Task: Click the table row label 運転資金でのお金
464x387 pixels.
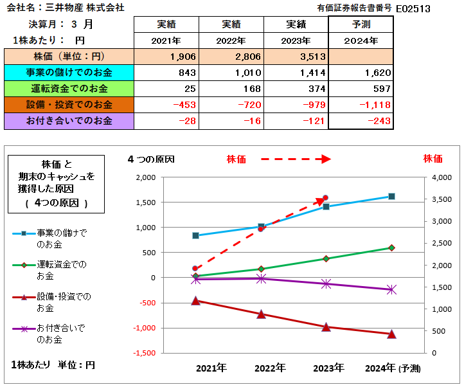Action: pos(69,88)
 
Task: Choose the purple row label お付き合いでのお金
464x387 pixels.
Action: pos(69,120)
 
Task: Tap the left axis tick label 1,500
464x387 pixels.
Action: pos(145,203)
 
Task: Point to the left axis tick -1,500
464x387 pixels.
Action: pos(144,353)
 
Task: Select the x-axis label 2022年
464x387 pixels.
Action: pos(269,368)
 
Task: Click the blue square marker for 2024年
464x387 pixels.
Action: pos(391,197)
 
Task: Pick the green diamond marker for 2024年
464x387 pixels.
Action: pos(391,248)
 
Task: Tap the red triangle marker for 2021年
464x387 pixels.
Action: pos(196,300)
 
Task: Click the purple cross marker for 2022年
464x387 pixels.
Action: pos(261,278)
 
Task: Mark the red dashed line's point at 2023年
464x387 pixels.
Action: pos(326,198)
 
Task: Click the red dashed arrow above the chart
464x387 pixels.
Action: pos(295,159)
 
